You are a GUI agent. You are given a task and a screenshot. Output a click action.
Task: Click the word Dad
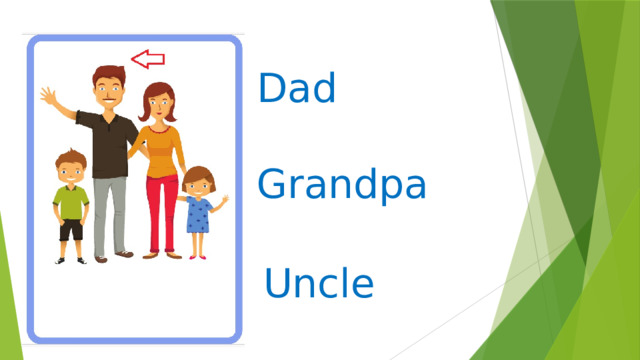(x=296, y=90)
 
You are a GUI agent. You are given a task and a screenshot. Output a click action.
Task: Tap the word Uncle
(x=319, y=283)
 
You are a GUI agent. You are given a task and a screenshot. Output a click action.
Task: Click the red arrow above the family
(x=148, y=59)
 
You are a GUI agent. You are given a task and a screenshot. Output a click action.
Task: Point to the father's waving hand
(x=49, y=97)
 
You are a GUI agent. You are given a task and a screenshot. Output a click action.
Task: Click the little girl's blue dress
(x=198, y=214)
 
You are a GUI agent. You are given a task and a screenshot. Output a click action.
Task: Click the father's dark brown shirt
(x=111, y=143)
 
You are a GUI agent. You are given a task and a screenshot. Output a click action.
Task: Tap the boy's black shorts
(x=71, y=229)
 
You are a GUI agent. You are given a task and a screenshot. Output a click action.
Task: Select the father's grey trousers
(x=110, y=214)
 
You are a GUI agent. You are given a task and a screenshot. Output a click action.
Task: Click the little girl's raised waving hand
(x=224, y=200)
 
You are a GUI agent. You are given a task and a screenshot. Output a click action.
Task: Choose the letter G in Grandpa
(x=272, y=185)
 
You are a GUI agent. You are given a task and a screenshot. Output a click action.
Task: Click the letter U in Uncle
(x=277, y=283)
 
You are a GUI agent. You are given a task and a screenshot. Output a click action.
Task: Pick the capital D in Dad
(x=271, y=90)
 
